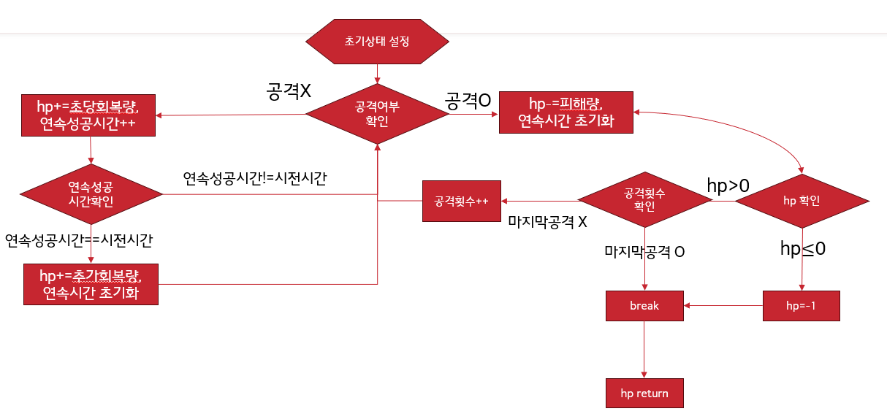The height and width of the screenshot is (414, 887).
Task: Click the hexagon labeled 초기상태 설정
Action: click(x=377, y=41)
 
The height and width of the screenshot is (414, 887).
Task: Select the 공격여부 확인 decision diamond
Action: click(x=377, y=113)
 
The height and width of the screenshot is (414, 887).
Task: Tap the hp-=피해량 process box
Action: click(x=566, y=112)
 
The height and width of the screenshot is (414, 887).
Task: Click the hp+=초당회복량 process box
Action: click(x=88, y=115)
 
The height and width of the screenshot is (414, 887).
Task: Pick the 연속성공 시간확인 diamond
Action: click(x=91, y=193)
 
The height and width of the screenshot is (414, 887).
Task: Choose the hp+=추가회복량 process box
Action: click(x=90, y=285)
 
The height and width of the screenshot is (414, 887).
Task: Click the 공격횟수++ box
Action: click(x=461, y=201)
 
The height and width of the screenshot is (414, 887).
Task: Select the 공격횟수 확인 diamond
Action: click(x=644, y=200)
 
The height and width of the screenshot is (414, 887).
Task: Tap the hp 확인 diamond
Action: click(x=802, y=201)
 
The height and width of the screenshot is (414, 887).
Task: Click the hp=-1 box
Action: click(x=801, y=306)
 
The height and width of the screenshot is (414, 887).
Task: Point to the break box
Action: click(x=644, y=306)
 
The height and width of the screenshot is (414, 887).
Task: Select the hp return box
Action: click(x=644, y=394)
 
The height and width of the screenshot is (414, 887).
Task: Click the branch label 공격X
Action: click(x=289, y=91)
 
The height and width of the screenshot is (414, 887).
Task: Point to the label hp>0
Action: click(x=728, y=186)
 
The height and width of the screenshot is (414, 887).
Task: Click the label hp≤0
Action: click(x=803, y=249)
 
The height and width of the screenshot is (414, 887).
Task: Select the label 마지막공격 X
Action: click(x=547, y=221)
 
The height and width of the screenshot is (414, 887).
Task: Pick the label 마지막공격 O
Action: click(x=644, y=252)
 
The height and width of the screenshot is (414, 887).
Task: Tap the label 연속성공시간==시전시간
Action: click(x=79, y=240)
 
